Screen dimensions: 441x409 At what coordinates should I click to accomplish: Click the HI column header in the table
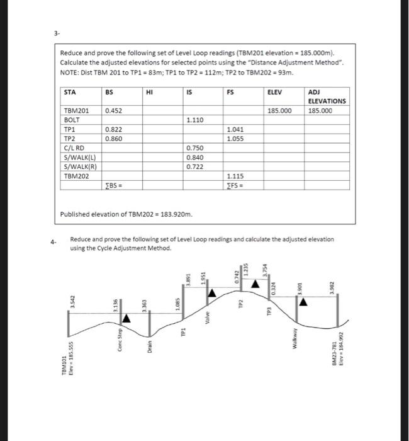click(x=149, y=92)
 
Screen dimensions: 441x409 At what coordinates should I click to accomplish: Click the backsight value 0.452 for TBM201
click(x=114, y=110)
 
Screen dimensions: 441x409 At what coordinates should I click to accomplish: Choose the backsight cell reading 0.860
click(x=114, y=137)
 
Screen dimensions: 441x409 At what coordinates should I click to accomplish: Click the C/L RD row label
click(x=74, y=147)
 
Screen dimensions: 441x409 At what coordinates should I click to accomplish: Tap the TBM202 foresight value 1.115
click(x=235, y=176)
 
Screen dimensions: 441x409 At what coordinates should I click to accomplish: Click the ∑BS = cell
click(x=114, y=185)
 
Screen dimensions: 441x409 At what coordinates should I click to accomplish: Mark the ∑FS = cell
click(x=235, y=185)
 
